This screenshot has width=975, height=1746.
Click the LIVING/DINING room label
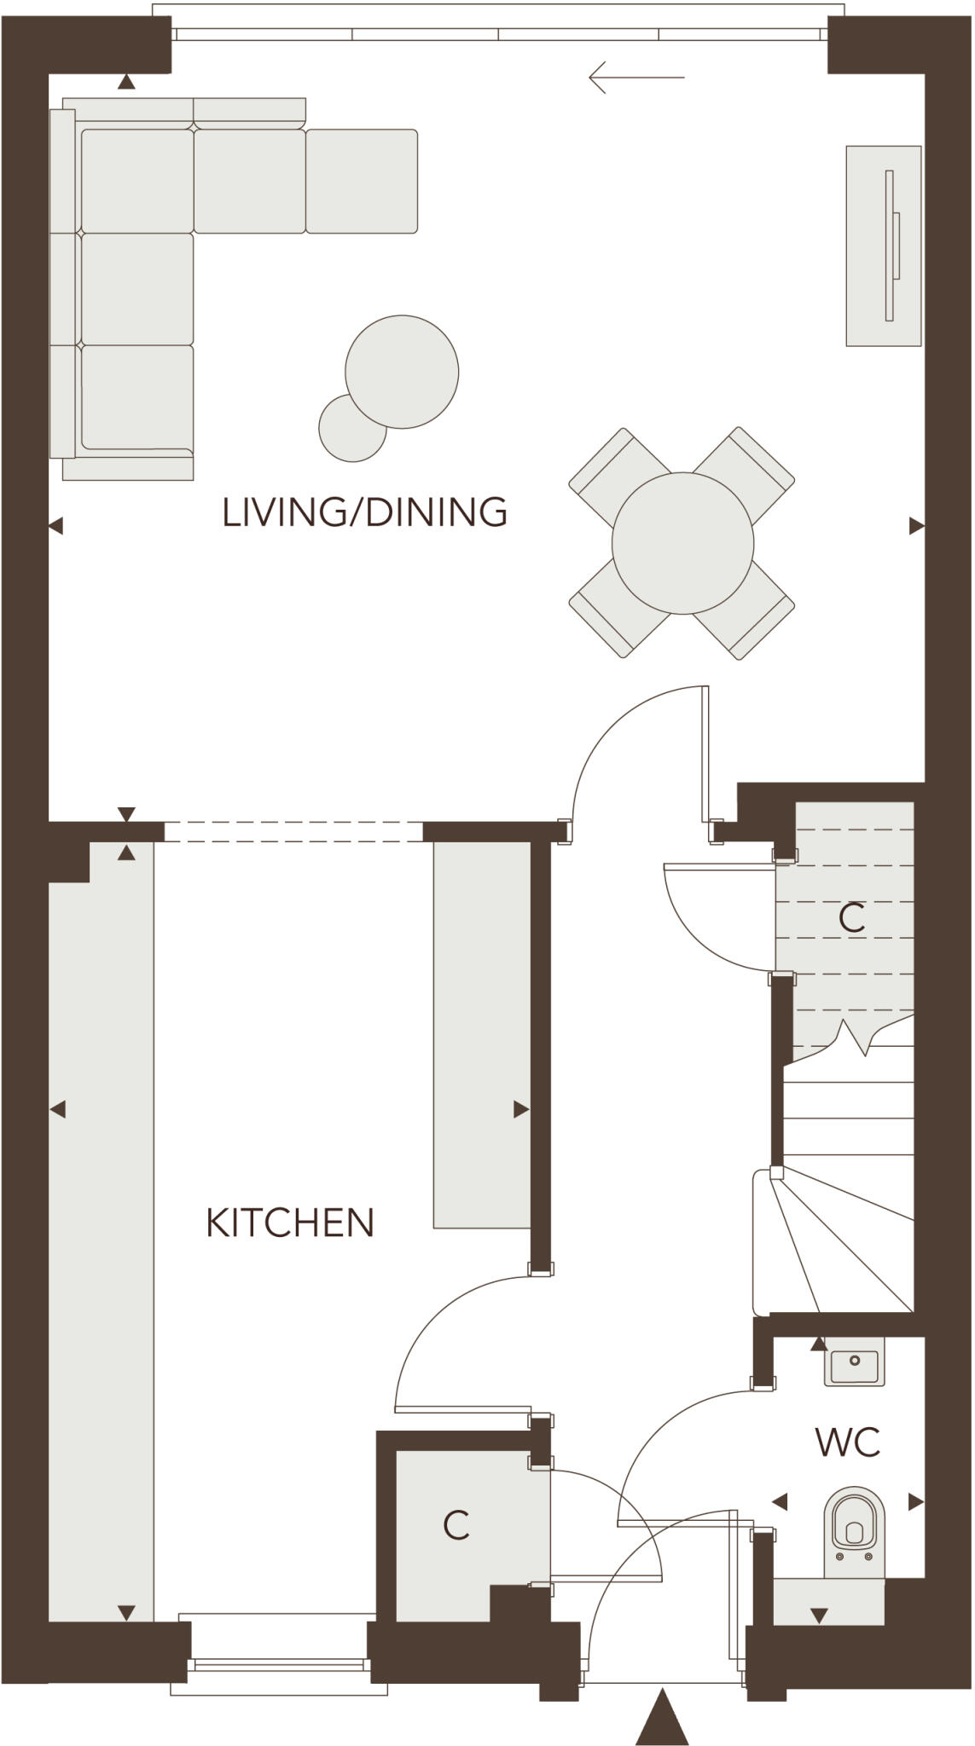click(364, 512)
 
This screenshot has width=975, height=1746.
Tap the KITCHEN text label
click(290, 1223)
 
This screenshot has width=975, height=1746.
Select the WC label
click(847, 1442)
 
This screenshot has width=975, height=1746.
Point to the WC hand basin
click(853, 1362)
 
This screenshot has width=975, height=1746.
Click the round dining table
click(682, 543)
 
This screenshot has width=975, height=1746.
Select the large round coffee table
click(402, 371)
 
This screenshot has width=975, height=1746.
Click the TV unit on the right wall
click(883, 246)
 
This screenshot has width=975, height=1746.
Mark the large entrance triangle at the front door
click(662, 1719)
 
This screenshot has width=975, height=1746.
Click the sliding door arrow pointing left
click(635, 78)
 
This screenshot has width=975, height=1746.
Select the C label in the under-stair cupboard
click(851, 918)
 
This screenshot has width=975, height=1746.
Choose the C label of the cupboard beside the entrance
click(456, 1525)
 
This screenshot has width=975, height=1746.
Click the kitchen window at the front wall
click(279, 1665)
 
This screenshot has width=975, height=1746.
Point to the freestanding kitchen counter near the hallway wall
click(482, 1034)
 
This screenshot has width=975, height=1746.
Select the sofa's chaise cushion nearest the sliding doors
click(362, 181)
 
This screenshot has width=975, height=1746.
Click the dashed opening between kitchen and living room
click(293, 831)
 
